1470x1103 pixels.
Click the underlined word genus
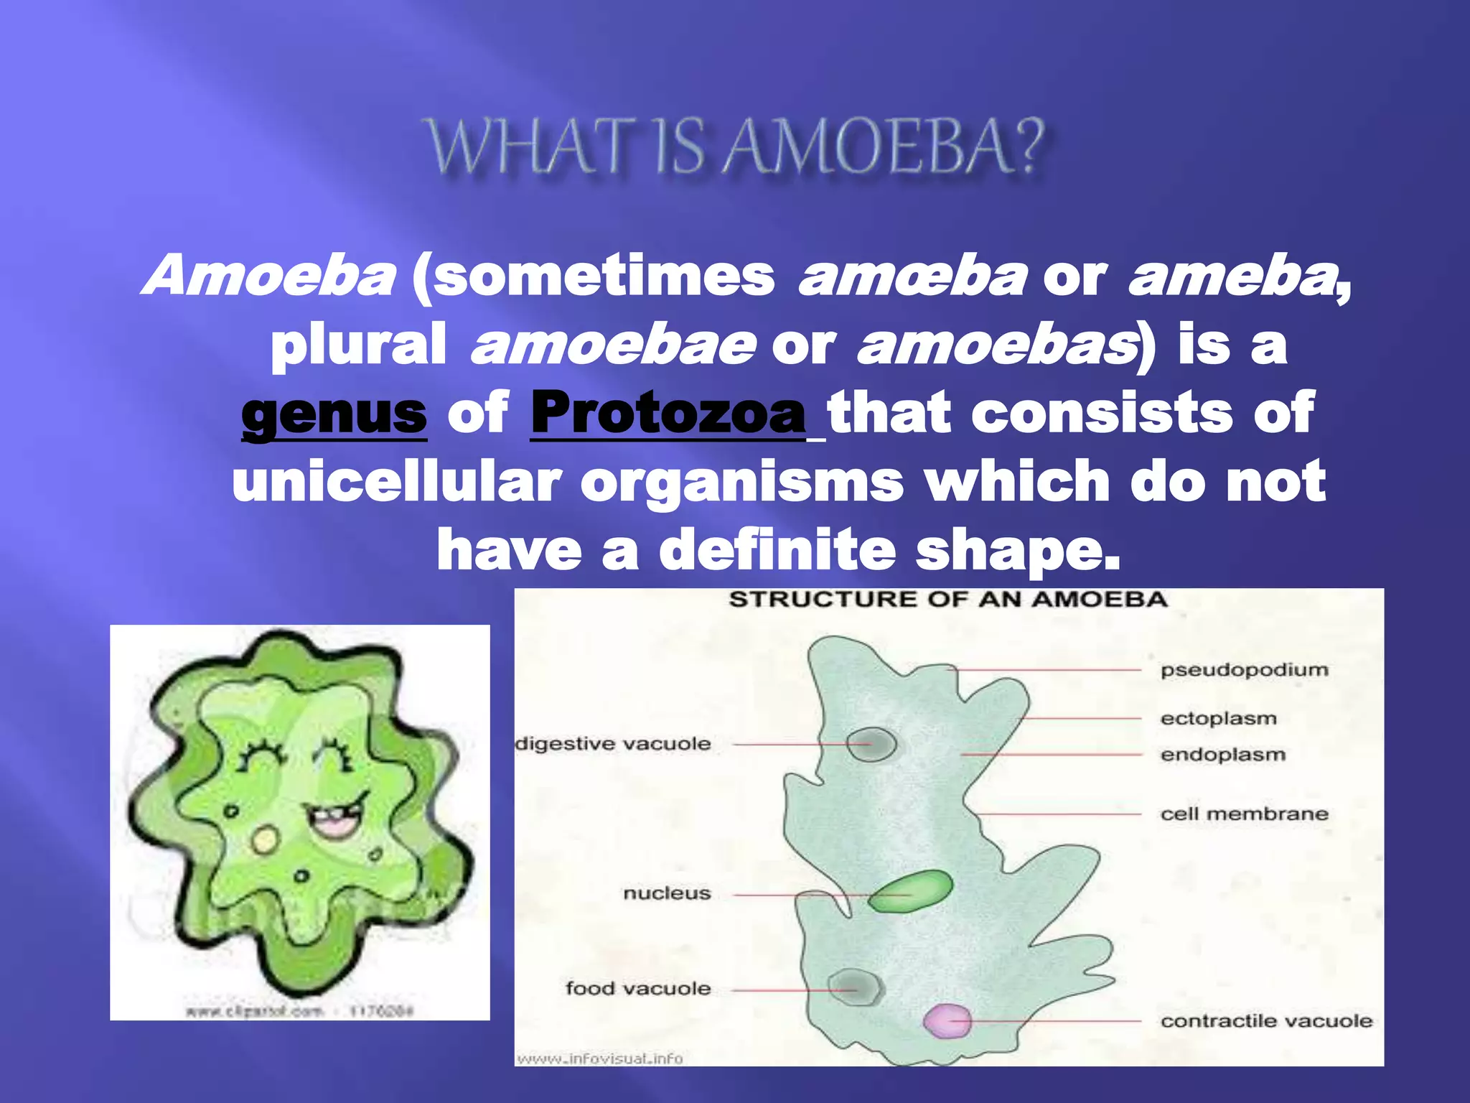334,414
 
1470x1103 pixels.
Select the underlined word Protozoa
668,414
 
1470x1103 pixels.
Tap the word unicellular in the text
396,482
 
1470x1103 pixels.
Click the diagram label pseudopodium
1244,670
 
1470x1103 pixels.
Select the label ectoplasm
1218,718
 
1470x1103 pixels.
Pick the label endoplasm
1222,755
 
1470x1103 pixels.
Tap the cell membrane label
1244,814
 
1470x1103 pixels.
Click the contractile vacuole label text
1266,1020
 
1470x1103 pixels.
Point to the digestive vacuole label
613,744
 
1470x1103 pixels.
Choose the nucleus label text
667,893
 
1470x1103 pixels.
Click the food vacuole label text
638,989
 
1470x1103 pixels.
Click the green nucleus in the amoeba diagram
910,891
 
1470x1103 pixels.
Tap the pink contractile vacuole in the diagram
947,1020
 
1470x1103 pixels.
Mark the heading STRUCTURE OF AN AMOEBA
947,600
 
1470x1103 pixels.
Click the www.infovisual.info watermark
600,1058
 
